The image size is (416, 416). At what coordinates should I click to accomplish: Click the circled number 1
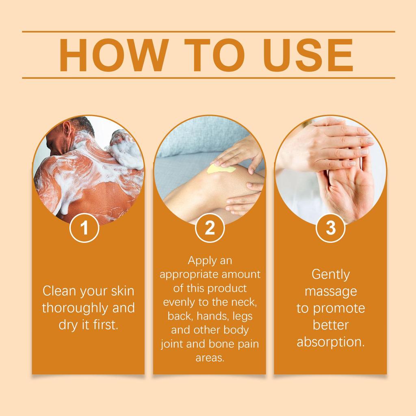point(84,228)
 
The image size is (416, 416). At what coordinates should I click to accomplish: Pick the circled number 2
point(210,228)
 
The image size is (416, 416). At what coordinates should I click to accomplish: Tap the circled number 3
point(331,228)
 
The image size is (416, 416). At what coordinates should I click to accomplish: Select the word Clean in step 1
point(60,291)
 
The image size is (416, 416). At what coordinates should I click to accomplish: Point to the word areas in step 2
point(210,358)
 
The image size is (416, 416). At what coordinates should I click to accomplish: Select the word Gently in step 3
point(330,274)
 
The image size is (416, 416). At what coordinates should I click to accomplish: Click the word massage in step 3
point(330,291)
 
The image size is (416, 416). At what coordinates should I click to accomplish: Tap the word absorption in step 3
point(330,342)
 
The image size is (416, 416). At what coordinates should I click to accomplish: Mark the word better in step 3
point(330,325)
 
